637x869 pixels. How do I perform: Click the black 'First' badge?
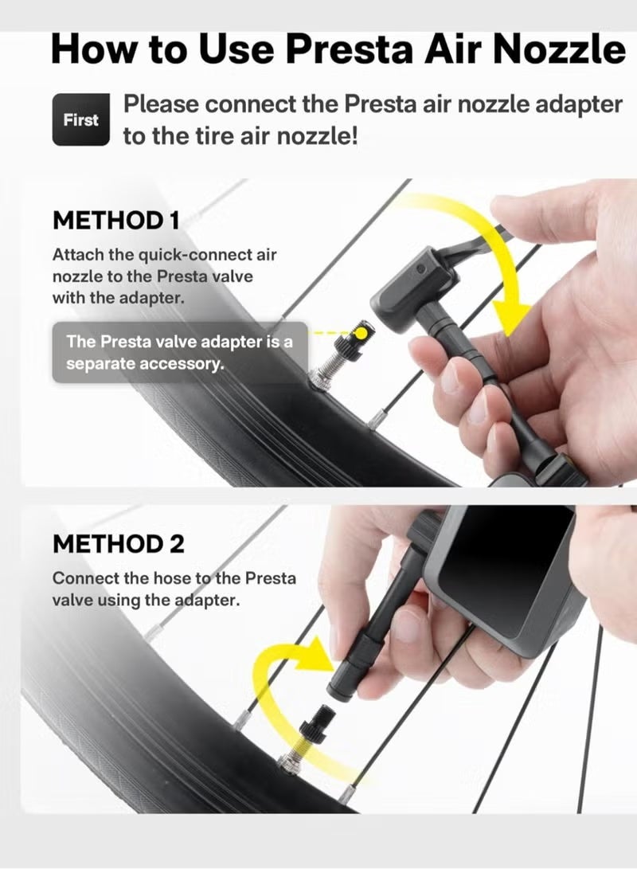81,120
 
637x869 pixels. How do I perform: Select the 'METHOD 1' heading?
115,221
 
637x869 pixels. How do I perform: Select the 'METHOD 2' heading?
119,544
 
